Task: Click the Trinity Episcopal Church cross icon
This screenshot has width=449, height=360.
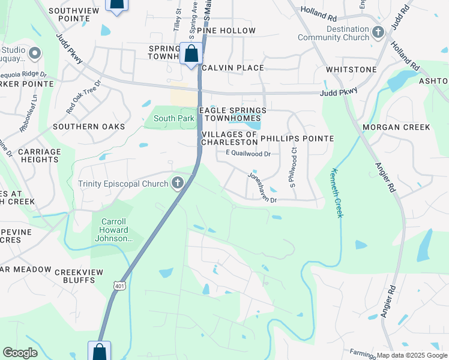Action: [177, 183]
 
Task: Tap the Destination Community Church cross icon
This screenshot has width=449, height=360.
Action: [378, 32]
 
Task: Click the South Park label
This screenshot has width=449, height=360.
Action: [173, 118]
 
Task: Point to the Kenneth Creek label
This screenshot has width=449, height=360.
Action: [335, 192]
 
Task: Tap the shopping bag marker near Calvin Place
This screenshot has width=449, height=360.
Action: [191, 54]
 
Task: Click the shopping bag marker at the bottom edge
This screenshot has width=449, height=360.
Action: [99, 352]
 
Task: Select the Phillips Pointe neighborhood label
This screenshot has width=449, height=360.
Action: [297, 139]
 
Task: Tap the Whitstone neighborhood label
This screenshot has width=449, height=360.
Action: [351, 70]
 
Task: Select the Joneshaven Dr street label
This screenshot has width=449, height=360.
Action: [262, 188]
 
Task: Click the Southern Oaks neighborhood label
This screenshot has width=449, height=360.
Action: [89, 127]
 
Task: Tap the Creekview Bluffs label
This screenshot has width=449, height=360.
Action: [79, 276]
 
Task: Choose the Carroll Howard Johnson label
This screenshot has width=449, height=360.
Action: [112, 230]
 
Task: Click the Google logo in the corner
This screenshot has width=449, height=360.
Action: [20, 353]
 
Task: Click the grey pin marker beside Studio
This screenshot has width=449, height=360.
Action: [34, 54]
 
